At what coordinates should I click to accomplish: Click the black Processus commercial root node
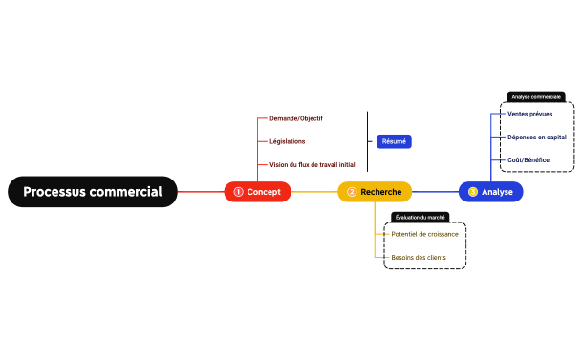[x=93, y=192]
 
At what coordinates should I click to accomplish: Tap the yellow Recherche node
[x=375, y=192]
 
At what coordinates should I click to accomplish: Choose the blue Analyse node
[x=490, y=192]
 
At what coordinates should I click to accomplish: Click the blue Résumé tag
[x=394, y=141]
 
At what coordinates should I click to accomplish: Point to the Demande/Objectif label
[x=296, y=118]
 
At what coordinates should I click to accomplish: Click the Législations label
[x=288, y=141]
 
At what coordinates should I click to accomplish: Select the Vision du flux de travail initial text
[x=312, y=165]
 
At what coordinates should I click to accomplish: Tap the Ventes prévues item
[x=529, y=114]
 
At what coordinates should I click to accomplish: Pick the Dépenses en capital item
[x=536, y=137]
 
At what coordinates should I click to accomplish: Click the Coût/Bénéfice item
[x=528, y=159]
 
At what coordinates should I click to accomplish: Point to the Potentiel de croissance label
[x=424, y=234]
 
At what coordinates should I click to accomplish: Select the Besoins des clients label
[x=419, y=257]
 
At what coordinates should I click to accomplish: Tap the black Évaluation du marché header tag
[x=420, y=218]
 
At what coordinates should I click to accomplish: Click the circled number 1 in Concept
[x=238, y=192]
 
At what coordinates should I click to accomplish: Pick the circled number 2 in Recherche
[x=351, y=192]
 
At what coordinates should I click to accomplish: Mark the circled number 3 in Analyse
[x=472, y=192]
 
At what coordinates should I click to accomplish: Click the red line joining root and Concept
[x=201, y=192]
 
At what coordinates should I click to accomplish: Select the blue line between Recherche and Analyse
[x=435, y=192]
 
